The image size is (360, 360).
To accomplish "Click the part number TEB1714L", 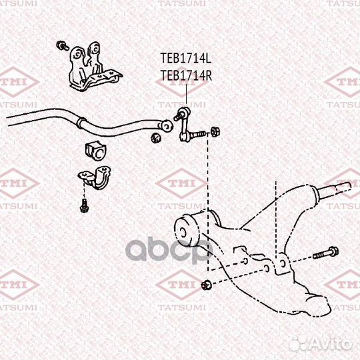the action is click(186, 58).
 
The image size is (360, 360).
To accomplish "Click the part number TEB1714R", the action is click(186, 75).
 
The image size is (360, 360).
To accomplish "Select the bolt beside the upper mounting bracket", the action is click(63, 45).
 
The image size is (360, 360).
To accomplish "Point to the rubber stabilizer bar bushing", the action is click(96, 151).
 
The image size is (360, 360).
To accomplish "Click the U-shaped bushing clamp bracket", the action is click(95, 177).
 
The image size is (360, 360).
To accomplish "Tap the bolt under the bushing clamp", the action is click(84, 206).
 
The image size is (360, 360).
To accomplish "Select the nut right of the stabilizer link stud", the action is click(215, 132).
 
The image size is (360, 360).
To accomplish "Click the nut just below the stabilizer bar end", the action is click(156, 138).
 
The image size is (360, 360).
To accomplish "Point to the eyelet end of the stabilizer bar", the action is click(167, 126).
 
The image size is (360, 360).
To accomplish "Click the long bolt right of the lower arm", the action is click(326, 253).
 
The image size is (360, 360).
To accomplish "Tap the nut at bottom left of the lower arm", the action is click(206, 285).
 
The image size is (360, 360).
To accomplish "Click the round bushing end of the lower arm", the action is click(186, 232).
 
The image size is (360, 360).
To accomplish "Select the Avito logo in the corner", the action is click(321, 345).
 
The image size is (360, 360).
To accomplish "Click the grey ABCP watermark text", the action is click(169, 250).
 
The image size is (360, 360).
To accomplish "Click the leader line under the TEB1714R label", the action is click(186, 95).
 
